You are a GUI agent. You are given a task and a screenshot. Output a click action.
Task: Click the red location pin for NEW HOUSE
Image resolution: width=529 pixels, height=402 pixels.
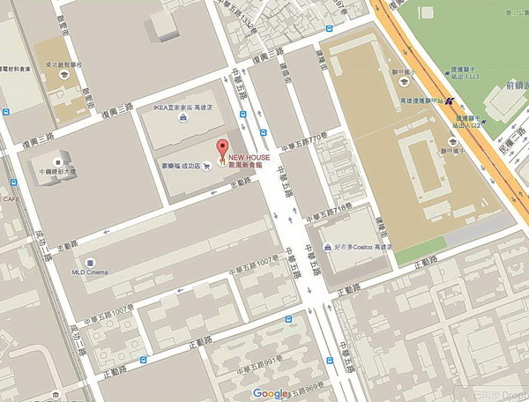pos(221,147)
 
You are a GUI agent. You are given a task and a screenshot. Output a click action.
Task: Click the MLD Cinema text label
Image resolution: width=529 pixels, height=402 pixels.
pos(90,272)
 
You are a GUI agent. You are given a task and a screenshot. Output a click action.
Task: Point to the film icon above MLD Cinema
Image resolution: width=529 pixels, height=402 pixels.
pos(90,260)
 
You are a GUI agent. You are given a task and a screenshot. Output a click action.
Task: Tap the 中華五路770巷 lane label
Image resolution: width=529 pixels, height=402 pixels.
pos(305,141)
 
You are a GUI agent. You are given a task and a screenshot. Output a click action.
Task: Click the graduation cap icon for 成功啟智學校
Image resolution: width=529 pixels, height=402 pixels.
pos(64,76)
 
